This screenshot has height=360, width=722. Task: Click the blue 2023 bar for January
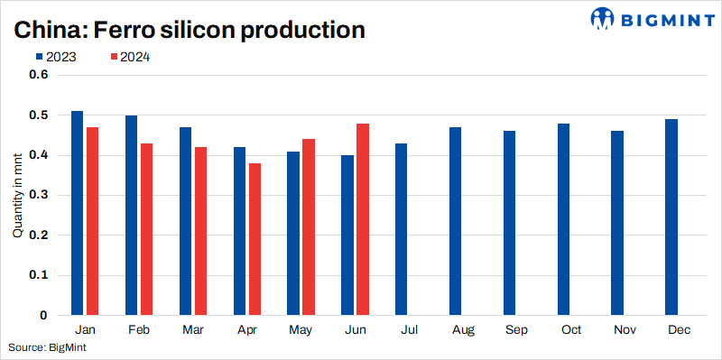77,213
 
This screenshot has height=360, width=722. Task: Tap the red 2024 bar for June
363,219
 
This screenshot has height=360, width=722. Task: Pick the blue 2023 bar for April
239,231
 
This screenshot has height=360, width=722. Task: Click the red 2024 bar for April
255,239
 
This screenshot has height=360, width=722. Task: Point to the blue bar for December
671,217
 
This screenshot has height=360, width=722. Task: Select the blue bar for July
401,229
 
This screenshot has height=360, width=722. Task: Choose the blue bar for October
563,219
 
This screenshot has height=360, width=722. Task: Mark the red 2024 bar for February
146,229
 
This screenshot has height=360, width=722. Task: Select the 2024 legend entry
129,57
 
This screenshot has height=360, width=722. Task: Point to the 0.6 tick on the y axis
38,75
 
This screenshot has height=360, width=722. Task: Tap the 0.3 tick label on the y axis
38,195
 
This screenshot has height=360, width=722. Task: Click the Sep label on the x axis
517,330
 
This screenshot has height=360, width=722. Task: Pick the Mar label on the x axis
192,330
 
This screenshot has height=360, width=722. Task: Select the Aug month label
463,330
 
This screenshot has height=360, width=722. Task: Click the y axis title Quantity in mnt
18,195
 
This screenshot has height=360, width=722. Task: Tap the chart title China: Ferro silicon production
188,30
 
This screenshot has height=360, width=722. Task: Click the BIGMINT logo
650,18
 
